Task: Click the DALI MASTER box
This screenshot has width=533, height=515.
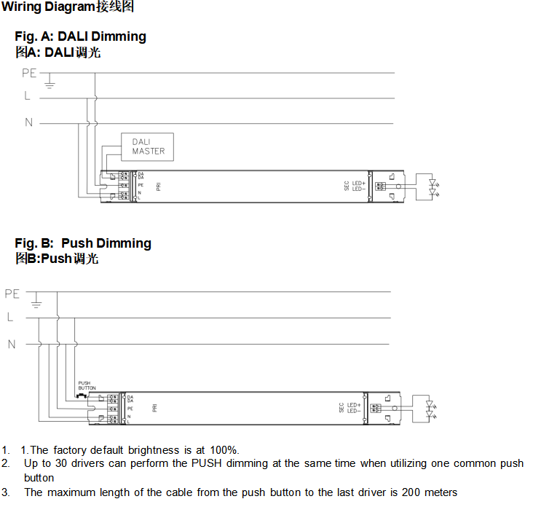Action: (x=148, y=146)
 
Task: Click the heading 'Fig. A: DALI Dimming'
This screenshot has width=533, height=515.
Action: (x=80, y=36)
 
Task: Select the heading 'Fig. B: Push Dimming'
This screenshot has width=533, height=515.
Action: (x=83, y=243)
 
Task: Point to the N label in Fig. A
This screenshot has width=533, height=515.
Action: (x=29, y=122)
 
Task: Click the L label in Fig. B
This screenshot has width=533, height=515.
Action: (x=10, y=318)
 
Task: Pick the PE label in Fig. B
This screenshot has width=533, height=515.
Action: (x=12, y=294)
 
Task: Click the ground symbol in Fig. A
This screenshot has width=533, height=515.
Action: (x=50, y=83)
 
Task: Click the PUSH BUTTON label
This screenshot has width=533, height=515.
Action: (x=87, y=385)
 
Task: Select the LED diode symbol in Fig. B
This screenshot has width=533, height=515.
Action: (x=429, y=408)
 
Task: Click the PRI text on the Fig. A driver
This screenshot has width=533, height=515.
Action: (x=158, y=186)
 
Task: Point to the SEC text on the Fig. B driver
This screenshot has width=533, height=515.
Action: (x=341, y=408)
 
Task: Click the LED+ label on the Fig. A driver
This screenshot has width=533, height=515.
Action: (x=358, y=184)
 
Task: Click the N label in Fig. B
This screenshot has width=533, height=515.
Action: (x=12, y=344)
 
